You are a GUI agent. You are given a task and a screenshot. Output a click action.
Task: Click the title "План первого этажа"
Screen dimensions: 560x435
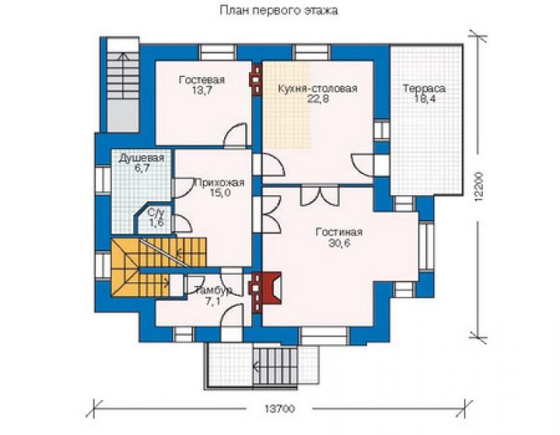(278, 11)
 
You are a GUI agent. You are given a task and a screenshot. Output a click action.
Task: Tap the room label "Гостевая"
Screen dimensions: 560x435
(202, 79)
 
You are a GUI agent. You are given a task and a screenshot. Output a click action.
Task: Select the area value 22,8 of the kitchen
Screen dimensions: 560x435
(318, 99)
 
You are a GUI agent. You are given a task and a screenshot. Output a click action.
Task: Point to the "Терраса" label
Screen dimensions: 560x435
(425, 89)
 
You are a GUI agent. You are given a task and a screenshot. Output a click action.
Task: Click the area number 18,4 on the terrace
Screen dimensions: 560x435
(425, 99)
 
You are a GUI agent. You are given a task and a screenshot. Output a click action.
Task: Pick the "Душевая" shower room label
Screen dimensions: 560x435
(142, 158)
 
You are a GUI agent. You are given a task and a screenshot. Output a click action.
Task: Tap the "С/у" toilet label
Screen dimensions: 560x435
(157, 213)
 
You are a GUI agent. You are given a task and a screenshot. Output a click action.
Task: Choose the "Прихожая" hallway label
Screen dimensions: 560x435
(219, 183)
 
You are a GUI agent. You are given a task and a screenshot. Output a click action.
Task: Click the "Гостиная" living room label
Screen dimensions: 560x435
(339, 232)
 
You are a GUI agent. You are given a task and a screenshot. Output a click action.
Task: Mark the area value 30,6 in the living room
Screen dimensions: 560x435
(339, 243)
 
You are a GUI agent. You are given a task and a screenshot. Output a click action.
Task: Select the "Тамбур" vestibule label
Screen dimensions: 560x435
(213, 291)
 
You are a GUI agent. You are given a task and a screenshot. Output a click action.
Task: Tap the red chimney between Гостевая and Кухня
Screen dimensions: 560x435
(256, 80)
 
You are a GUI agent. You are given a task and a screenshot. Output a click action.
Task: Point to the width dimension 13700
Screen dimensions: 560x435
(280, 409)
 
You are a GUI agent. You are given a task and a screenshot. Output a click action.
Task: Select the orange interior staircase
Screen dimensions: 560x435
(158, 268)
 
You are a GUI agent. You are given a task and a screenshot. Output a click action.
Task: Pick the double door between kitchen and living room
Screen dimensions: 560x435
(319, 196)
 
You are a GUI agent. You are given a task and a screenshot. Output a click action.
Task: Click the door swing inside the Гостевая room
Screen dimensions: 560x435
(235, 135)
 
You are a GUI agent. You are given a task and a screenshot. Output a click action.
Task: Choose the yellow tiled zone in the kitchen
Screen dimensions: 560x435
(287, 105)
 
